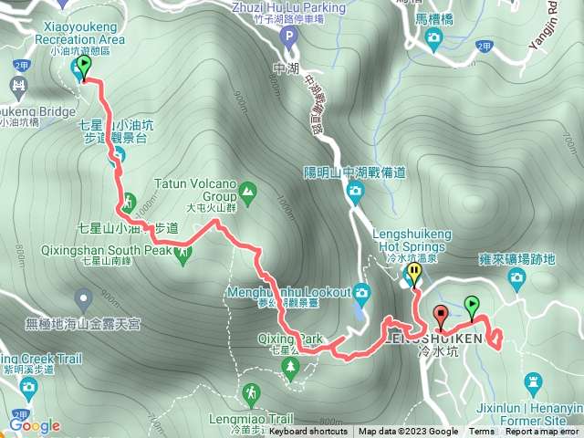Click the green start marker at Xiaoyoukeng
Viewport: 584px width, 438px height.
(x=84, y=67)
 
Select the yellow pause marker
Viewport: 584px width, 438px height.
(x=414, y=273)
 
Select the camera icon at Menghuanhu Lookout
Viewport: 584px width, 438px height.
(x=362, y=294)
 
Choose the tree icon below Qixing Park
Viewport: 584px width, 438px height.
(x=291, y=368)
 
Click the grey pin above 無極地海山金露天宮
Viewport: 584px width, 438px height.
(x=84, y=297)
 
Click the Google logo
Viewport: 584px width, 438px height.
(x=35, y=425)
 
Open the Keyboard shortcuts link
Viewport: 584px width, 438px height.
(x=308, y=432)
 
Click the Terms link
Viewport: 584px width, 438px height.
(x=482, y=432)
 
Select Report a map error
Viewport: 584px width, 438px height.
(x=542, y=432)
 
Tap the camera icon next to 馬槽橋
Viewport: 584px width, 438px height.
(x=433, y=36)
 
